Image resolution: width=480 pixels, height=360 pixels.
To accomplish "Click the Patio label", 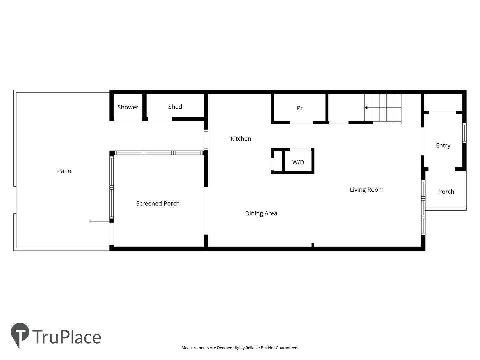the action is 64,171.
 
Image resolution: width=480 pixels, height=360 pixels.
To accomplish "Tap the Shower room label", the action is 128,107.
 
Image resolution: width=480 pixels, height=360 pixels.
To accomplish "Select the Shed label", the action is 175,107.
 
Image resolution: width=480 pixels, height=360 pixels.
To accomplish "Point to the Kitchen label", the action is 241,139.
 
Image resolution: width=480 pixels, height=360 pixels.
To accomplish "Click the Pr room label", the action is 300,108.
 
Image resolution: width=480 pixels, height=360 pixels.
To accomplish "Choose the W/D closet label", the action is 298,162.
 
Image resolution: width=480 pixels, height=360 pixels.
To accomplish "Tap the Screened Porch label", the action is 158,203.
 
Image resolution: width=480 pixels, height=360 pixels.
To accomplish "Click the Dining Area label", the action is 261,213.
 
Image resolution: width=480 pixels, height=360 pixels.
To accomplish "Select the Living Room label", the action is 367,190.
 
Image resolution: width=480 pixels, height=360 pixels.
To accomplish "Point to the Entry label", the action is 443,146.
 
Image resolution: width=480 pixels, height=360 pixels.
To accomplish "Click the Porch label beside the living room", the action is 446,192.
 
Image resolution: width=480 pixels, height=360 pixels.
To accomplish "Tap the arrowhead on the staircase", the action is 366,108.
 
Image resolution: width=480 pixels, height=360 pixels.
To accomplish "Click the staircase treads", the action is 383,109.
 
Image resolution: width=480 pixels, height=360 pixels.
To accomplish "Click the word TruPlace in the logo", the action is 67,337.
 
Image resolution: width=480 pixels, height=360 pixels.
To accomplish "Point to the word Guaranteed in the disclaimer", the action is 287,348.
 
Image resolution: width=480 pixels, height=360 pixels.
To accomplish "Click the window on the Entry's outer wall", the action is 464,133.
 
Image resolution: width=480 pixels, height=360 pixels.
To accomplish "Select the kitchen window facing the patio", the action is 206,140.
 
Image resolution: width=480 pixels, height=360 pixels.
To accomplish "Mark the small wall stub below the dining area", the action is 313,245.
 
